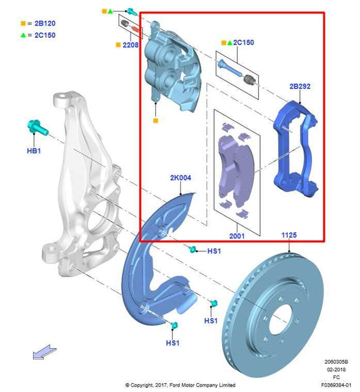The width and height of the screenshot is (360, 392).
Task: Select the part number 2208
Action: [x=130, y=46]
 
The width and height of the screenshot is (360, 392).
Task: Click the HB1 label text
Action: [x=33, y=151]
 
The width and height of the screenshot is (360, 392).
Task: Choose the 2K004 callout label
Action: [x=180, y=178]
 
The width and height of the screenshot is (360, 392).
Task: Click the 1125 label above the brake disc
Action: [x=288, y=235]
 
